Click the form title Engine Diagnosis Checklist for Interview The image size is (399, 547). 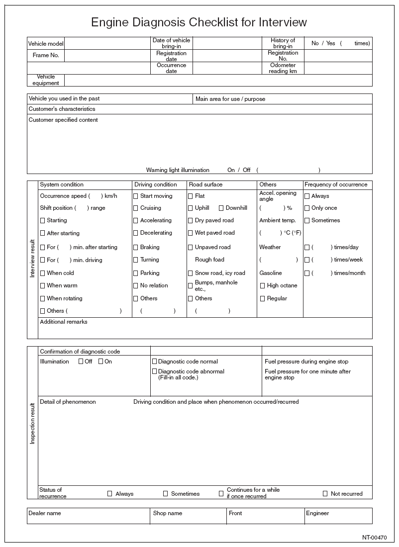[199, 22]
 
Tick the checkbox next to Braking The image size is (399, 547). [135, 247]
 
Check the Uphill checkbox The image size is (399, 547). [190, 208]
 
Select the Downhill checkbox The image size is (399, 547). [221, 208]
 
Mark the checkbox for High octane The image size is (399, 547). [262, 286]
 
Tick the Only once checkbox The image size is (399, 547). [307, 208]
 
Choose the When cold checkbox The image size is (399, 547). [42, 273]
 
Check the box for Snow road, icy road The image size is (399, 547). [190, 273]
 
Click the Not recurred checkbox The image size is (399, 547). [325, 494]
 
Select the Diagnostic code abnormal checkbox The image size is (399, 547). [154, 371]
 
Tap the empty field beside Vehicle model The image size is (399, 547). [107, 43]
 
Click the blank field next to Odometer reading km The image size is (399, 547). [338, 68]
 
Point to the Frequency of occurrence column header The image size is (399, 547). [336, 184]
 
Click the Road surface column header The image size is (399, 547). [206, 184]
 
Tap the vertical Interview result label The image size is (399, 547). [33, 259]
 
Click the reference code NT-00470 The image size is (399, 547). [375, 538]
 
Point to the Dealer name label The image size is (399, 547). [45, 513]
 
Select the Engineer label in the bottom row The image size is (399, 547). [317, 513]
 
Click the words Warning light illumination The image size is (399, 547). [178, 170]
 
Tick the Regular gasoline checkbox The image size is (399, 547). [262, 299]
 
